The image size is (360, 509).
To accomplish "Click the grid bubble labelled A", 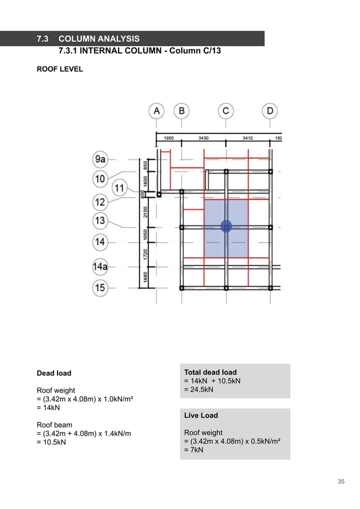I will (x=156, y=111).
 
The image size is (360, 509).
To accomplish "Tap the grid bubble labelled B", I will (x=182, y=111).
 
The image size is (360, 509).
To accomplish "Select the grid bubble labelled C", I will (x=226, y=111).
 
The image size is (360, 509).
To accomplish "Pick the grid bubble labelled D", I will (x=270, y=111).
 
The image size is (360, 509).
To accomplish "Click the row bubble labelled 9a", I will (x=100, y=160).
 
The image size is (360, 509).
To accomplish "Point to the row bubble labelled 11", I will (x=120, y=188).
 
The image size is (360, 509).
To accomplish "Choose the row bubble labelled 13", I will (x=100, y=221).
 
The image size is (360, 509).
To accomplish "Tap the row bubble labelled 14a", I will (x=100, y=265).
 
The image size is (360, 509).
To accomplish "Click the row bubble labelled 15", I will (x=100, y=288).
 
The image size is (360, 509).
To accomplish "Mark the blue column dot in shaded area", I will (x=226, y=226).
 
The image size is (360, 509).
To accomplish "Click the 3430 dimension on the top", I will (x=203, y=138).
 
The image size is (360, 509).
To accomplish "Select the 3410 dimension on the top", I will (x=248, y=138).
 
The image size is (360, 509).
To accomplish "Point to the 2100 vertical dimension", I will (x=146, y=212).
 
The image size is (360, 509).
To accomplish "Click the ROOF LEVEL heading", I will (x=60, y=69).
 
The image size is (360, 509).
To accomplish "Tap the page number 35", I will (x=340, y=481).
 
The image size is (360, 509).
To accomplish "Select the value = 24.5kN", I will (x=199, y=389).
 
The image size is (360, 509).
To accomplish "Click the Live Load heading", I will (x=201, y=415).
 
